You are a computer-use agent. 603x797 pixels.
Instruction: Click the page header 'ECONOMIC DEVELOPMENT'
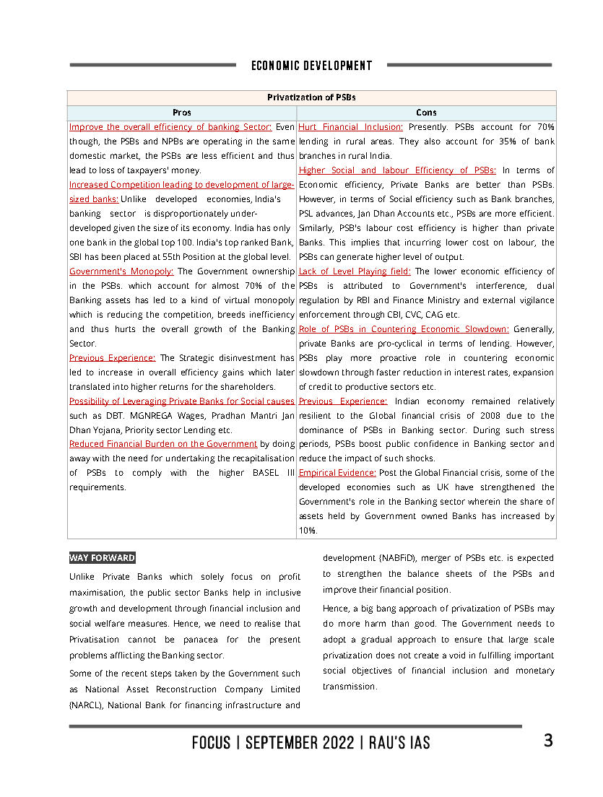click(311, 66)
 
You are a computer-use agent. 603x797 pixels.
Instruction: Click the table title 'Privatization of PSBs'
click(311, 97)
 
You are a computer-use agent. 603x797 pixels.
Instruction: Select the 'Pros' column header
click(182, 113)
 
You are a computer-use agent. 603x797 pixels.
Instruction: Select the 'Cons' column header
click(426, 113)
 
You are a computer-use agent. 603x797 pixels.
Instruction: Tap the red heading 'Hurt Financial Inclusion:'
click(350, 127)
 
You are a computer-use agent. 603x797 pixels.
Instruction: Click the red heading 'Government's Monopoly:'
click(121, 271)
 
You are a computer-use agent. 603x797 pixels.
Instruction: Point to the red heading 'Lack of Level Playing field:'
click(355, 271)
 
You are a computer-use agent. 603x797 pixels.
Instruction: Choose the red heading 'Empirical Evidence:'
click(337, 473)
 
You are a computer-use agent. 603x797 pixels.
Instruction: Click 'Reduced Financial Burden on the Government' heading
click(163, 444)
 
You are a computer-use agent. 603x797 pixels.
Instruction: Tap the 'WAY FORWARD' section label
click(102, 558)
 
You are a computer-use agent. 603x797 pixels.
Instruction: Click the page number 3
click(549, 741)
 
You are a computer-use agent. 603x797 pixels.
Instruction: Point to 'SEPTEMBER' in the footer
click(300, 743)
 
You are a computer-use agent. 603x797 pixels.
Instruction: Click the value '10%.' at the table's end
click(307, 531)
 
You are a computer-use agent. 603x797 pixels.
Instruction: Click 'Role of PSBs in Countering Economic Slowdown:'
click(404, 329)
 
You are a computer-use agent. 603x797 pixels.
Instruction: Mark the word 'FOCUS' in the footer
click(211, 743)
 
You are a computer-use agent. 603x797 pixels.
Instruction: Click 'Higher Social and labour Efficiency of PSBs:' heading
click(397, 170)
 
